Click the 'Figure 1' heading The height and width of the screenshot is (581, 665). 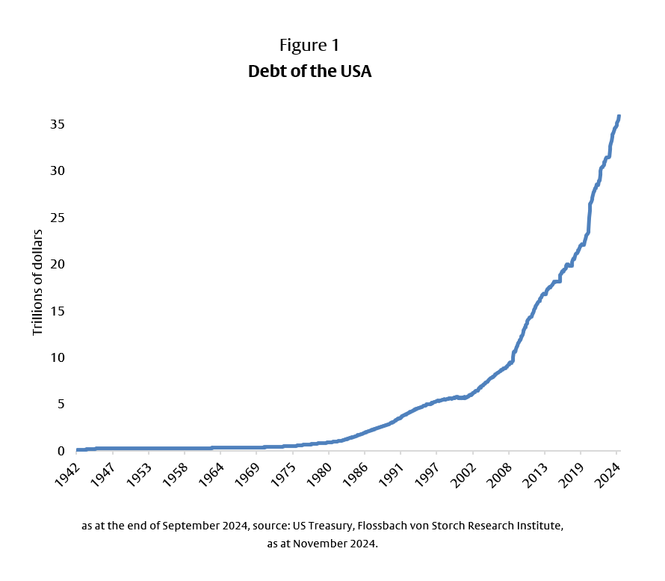[x=309, y=46]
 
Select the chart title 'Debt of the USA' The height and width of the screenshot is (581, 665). [x=309, y=73]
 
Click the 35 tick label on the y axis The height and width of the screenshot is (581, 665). [x=57, y=124]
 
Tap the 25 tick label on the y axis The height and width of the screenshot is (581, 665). [x=57, y=218]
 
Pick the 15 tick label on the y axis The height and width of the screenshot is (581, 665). [x=57, y=311]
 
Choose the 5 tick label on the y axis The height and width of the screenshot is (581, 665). [x=61, y=405]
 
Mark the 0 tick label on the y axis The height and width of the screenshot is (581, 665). [x=61, y=451]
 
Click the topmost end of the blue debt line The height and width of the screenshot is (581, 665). [x=619, y=117]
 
